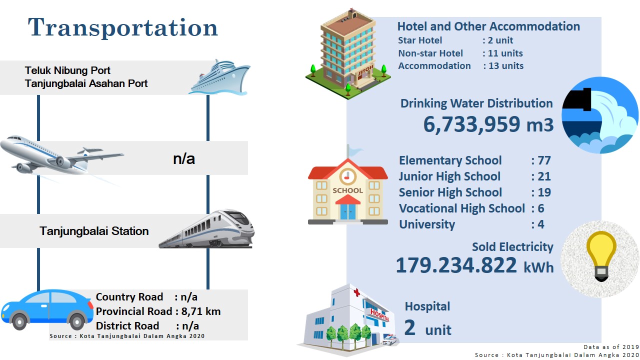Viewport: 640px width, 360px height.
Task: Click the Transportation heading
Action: pos(123,27)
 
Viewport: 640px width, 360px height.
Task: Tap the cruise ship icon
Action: pos(219,77)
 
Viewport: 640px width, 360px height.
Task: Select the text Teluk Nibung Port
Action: pos(67,70)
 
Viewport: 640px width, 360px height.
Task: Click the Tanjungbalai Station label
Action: pos(94,231)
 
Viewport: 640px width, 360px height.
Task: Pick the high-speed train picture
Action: pos(206,229)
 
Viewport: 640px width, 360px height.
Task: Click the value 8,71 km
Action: pos(201,311)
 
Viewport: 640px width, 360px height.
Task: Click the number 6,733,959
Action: pos(471,124)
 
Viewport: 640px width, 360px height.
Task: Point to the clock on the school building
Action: pos(347,176)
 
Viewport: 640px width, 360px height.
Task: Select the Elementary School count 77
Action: pos(544,160)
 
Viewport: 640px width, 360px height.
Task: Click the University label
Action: pos(427,224)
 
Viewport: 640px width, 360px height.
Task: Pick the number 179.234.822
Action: pos(456,265)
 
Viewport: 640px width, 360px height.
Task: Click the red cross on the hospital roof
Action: pos(356,292)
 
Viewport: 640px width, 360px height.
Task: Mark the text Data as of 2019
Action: pos(611,347)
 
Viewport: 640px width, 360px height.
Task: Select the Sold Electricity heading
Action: pos(512,247)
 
